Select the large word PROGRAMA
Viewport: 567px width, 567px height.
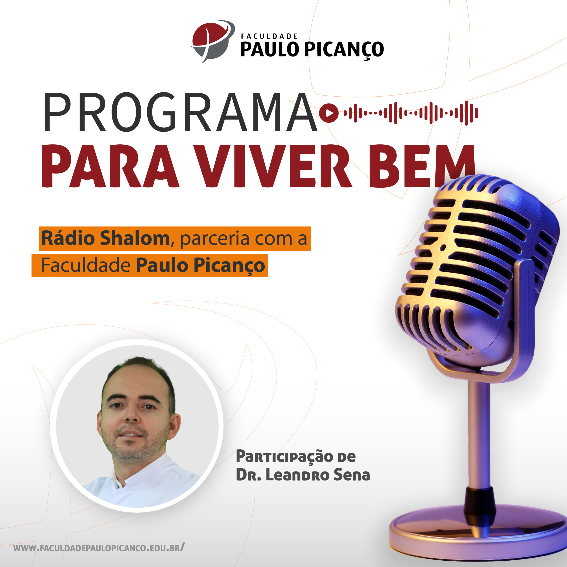coord(180,112)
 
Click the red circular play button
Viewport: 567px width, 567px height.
coord(329,113)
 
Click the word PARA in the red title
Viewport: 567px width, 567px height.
coord(111,166)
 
